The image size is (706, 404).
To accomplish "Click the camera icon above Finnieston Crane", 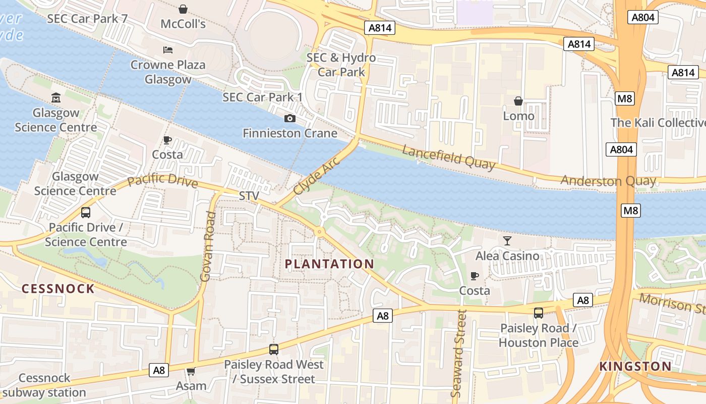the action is click(290, 118).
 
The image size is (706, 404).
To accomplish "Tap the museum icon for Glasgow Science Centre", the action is click(56, 97).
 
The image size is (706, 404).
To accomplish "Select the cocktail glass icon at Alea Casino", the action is click(507, 241).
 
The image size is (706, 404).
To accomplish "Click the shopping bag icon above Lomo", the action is click(518, 101).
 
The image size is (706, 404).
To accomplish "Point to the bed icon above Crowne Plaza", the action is click(168, 49).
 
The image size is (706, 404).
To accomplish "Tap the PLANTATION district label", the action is click(329, 264).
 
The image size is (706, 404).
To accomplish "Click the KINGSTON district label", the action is click(635, 367).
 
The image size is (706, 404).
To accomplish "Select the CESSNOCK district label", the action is click(58, 289).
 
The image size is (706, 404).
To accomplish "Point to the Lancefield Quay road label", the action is click(449, 157).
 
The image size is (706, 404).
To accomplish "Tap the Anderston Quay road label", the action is click(608, 181).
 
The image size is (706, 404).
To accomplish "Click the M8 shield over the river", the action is click(630, 211).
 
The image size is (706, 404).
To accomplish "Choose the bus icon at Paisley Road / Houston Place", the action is click(539, 313).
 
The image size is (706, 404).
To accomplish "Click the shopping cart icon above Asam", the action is click(191, 372).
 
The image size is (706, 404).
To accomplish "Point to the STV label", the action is click(249, 195).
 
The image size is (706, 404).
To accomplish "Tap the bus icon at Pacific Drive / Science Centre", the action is click(86, 213).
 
